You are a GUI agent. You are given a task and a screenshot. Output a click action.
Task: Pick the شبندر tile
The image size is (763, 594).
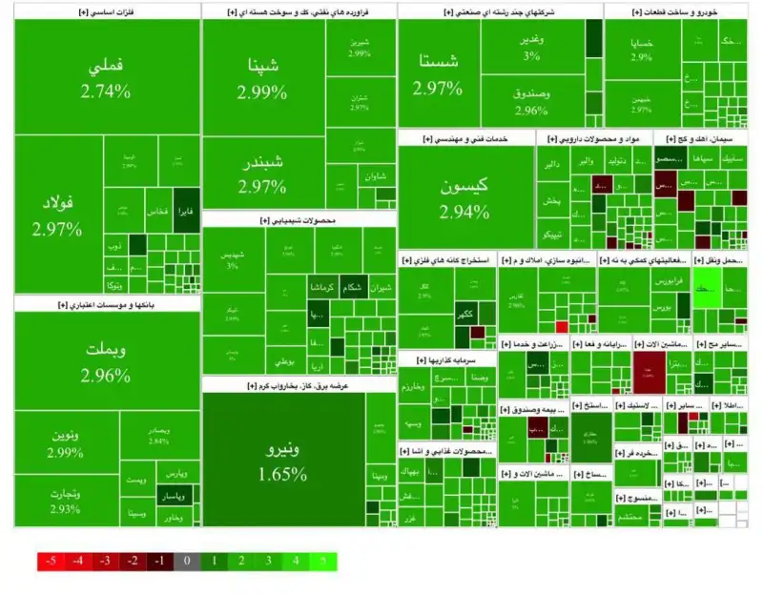pos(262,172)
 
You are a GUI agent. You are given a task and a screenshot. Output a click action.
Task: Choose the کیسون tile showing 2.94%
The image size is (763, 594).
pos(464,198)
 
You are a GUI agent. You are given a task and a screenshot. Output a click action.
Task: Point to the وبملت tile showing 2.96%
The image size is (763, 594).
pos(107,360)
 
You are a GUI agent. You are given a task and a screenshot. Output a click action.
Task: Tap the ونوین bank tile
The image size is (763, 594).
pos(66,442)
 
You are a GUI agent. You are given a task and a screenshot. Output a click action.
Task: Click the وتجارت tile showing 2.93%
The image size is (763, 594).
pos(66,500)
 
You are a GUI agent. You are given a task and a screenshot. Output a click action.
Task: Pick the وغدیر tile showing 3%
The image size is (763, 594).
pos(531,47)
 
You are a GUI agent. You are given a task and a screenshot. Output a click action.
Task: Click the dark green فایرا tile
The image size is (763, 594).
pos(185,211)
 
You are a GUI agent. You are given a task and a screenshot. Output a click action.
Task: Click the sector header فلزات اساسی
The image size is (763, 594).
pos(107,11)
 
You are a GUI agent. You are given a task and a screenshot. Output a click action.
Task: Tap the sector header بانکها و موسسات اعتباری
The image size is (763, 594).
pos(107,305)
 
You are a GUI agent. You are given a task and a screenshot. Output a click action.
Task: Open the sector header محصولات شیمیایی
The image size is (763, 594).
pos(299,220)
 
